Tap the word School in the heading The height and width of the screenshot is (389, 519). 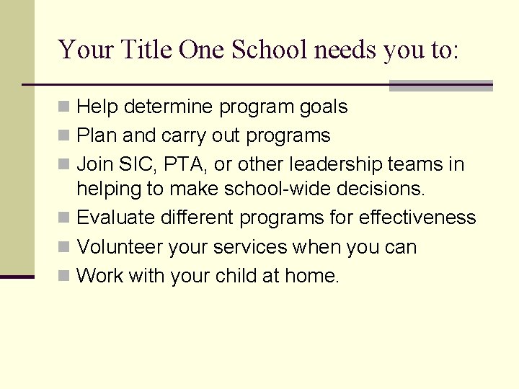tap(270, 50)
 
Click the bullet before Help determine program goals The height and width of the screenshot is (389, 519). tap(64, 107)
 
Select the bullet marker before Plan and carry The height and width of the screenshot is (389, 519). tap(64, 135)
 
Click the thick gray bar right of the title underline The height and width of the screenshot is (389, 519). tap(440, 86)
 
